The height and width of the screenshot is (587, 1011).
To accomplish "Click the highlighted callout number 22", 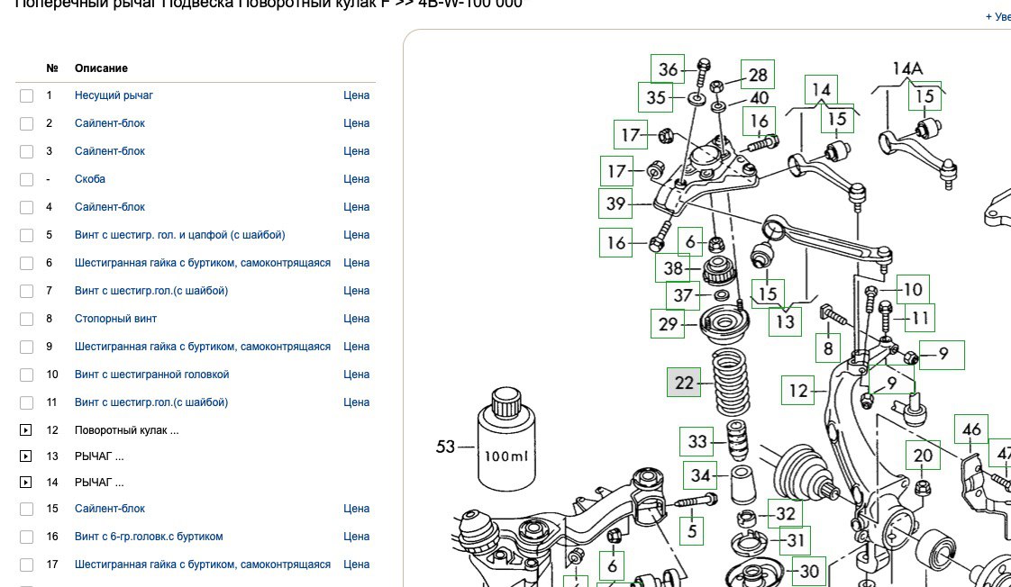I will tap(684, 383).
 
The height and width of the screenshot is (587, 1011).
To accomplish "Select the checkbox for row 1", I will tap(27, 95).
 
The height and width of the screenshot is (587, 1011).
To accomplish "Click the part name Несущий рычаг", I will tap(114, 95).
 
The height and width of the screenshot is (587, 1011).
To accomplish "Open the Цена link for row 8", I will tap(356, 319).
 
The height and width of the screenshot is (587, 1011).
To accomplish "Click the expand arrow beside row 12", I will tap(27, 430).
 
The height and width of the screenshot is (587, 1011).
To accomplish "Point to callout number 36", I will tap(668, 69).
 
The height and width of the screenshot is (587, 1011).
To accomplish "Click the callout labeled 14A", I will tap(907, 68).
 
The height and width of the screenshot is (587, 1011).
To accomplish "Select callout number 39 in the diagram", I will tap(616, 203).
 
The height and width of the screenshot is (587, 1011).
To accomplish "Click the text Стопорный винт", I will tap(115, 319).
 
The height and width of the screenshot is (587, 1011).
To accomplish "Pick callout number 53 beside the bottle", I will tap(445, 447).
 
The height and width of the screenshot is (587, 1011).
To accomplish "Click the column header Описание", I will tap(101, 68).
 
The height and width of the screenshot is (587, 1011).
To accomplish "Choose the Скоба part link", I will tap(90, 179).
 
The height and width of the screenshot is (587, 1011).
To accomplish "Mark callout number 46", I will tap(971, 429).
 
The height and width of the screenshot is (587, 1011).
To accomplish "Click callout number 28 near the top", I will tap(758, 75).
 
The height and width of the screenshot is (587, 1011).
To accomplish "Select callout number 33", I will tap(697, 442).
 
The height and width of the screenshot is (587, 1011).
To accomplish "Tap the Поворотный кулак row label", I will tap(126, 430).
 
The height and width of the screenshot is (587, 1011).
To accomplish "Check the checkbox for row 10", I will tap(27, 375).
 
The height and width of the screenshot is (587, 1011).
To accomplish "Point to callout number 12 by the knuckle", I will tap(798, 391).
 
